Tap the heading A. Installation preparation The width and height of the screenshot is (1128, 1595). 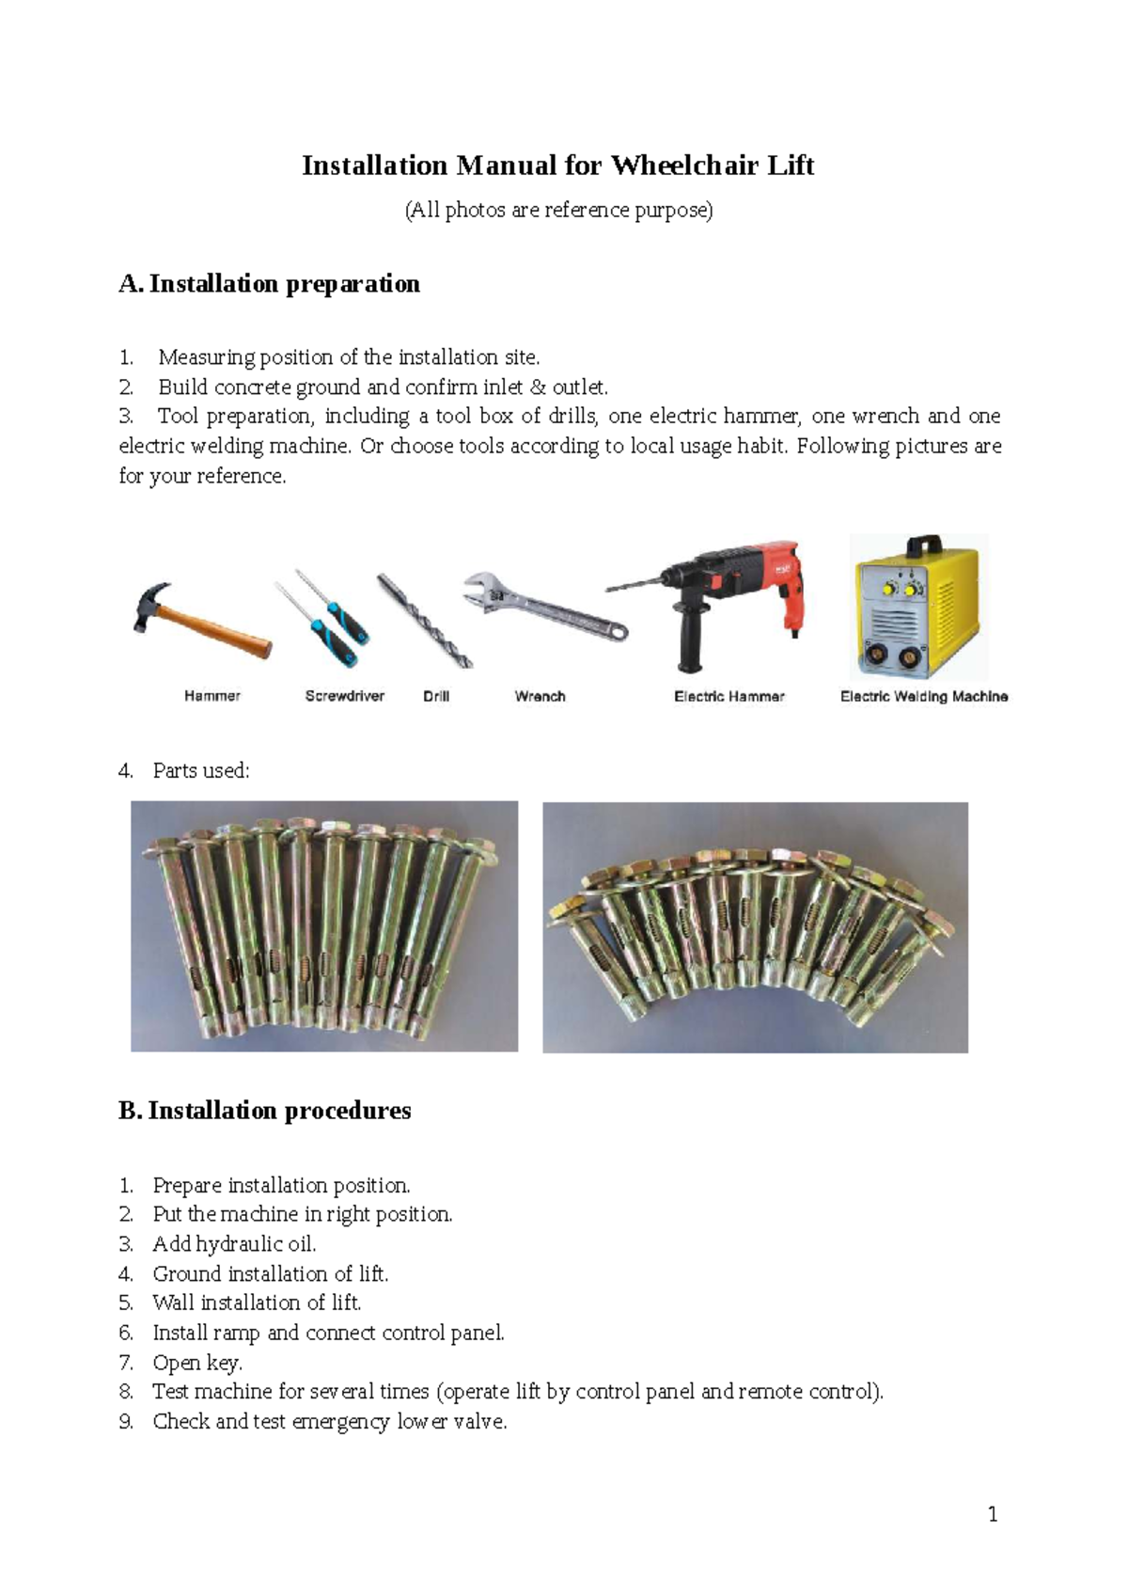[x=270, y=284]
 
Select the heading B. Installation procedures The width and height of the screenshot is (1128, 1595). [x=265, y=1111]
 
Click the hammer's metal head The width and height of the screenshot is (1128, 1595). [x=150, y=605]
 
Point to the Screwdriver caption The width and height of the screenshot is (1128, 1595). [x=344, y=697]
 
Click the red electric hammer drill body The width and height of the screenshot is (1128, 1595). [x=752, y=574]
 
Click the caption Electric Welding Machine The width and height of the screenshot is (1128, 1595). [x=924, y=697]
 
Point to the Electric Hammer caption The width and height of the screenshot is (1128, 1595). [x=728, y=697]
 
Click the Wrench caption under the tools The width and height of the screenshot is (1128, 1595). [x=540, y=697]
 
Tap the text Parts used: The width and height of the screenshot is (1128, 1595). [x=201, y=771]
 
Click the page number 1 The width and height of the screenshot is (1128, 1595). [x=993, y=1514]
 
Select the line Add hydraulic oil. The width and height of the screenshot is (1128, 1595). [x=234, y=1244]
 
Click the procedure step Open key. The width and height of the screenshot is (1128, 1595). [x=197, y=1363]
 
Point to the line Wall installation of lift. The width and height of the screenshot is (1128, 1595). [x=257, y=1303]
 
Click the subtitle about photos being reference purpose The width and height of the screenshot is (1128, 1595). [x=558, y=211]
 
